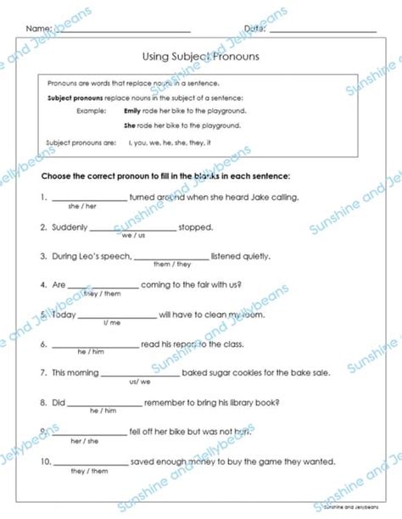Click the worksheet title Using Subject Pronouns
(x=201, y=57)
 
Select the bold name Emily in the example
(x=132, y=111)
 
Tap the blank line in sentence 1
(x=87, y=199)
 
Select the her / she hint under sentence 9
(x=85, y=441)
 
